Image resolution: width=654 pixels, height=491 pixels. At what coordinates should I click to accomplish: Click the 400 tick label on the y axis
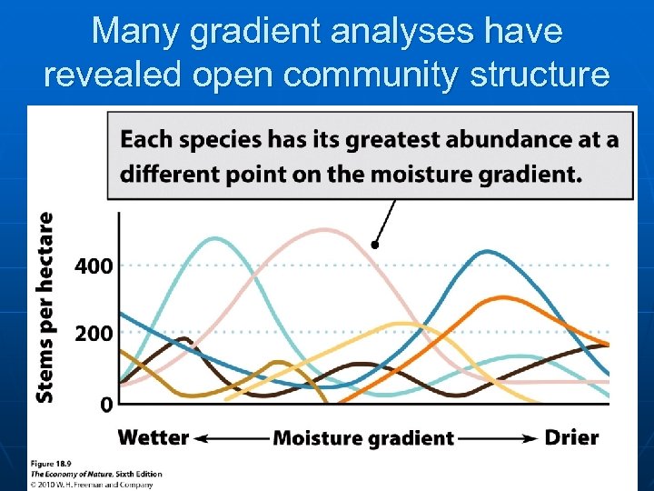(x=94, y=266)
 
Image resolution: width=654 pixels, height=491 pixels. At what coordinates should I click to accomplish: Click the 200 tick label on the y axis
(x=94, y=334)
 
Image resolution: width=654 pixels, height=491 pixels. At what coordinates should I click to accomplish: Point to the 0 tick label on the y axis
(x=106, y=403)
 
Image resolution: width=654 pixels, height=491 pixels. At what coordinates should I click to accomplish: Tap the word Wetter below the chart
(x=154, y=437)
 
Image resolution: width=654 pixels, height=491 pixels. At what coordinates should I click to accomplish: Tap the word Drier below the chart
(x=571, y=437)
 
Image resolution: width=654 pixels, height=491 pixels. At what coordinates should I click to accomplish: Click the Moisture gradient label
(x=363, y=438)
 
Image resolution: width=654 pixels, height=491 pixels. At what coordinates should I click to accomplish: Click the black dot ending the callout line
(x=375, y=245)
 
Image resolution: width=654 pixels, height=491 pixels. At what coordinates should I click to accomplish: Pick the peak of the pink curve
(x=324, y=230)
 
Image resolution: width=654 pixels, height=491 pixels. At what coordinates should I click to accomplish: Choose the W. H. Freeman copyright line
(x=88, y=484)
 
